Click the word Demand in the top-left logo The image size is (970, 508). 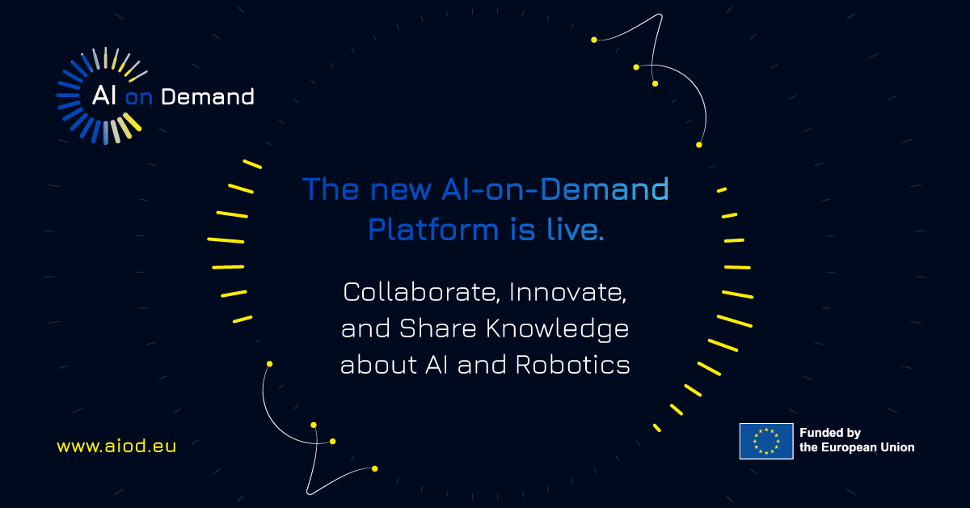pyautogui.click(x=208, y=97)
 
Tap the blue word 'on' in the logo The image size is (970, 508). pyautogui.click(x=139, y=98)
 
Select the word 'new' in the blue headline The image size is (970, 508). pyautogui.click(x=399, y=189)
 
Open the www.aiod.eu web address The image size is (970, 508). pyautogui.click(x=116, y=446)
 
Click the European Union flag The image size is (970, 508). pyautogui.click(x=765, y=441)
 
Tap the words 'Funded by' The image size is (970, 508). pyautogui.click(x=830, y=434)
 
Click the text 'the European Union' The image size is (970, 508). pyautogui.click(x=857, y=447)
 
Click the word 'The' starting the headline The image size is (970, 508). pyautogui.click(x=330, y=189)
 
